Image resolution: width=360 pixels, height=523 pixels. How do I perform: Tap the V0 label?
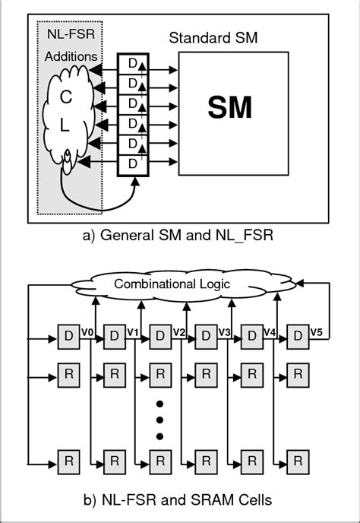point(87,331)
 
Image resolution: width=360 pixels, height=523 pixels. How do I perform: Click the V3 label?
point(224,331)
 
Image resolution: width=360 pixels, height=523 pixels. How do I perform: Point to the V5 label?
point(315,331)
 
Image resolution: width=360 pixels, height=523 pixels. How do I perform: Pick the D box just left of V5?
point(296,335)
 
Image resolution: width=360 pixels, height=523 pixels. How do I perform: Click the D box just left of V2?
point(159,335)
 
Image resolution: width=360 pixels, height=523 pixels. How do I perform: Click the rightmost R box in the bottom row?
point(296,461)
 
